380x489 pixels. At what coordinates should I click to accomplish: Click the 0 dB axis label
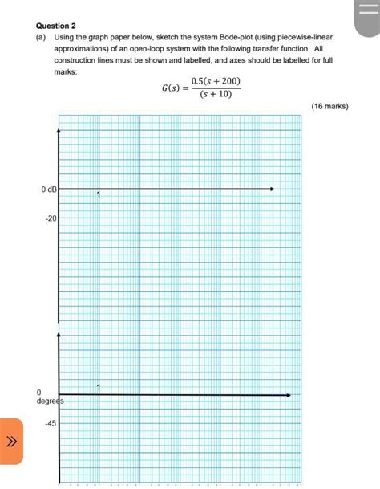[x=48, y=189]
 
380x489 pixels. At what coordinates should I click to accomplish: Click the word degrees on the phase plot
[x=50, y=400]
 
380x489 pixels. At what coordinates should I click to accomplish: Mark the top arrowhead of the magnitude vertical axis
[x=59, y=131]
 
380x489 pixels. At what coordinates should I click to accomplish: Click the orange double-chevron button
[x=12, y=441]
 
